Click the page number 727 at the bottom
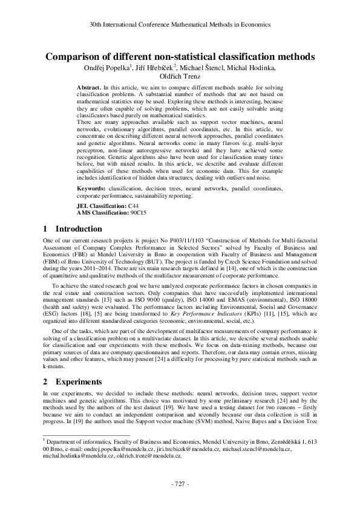tap(180, 485)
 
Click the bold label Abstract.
tap(88, 88)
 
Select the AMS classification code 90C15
tap(139, 213)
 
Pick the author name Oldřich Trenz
tap(180, 76)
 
